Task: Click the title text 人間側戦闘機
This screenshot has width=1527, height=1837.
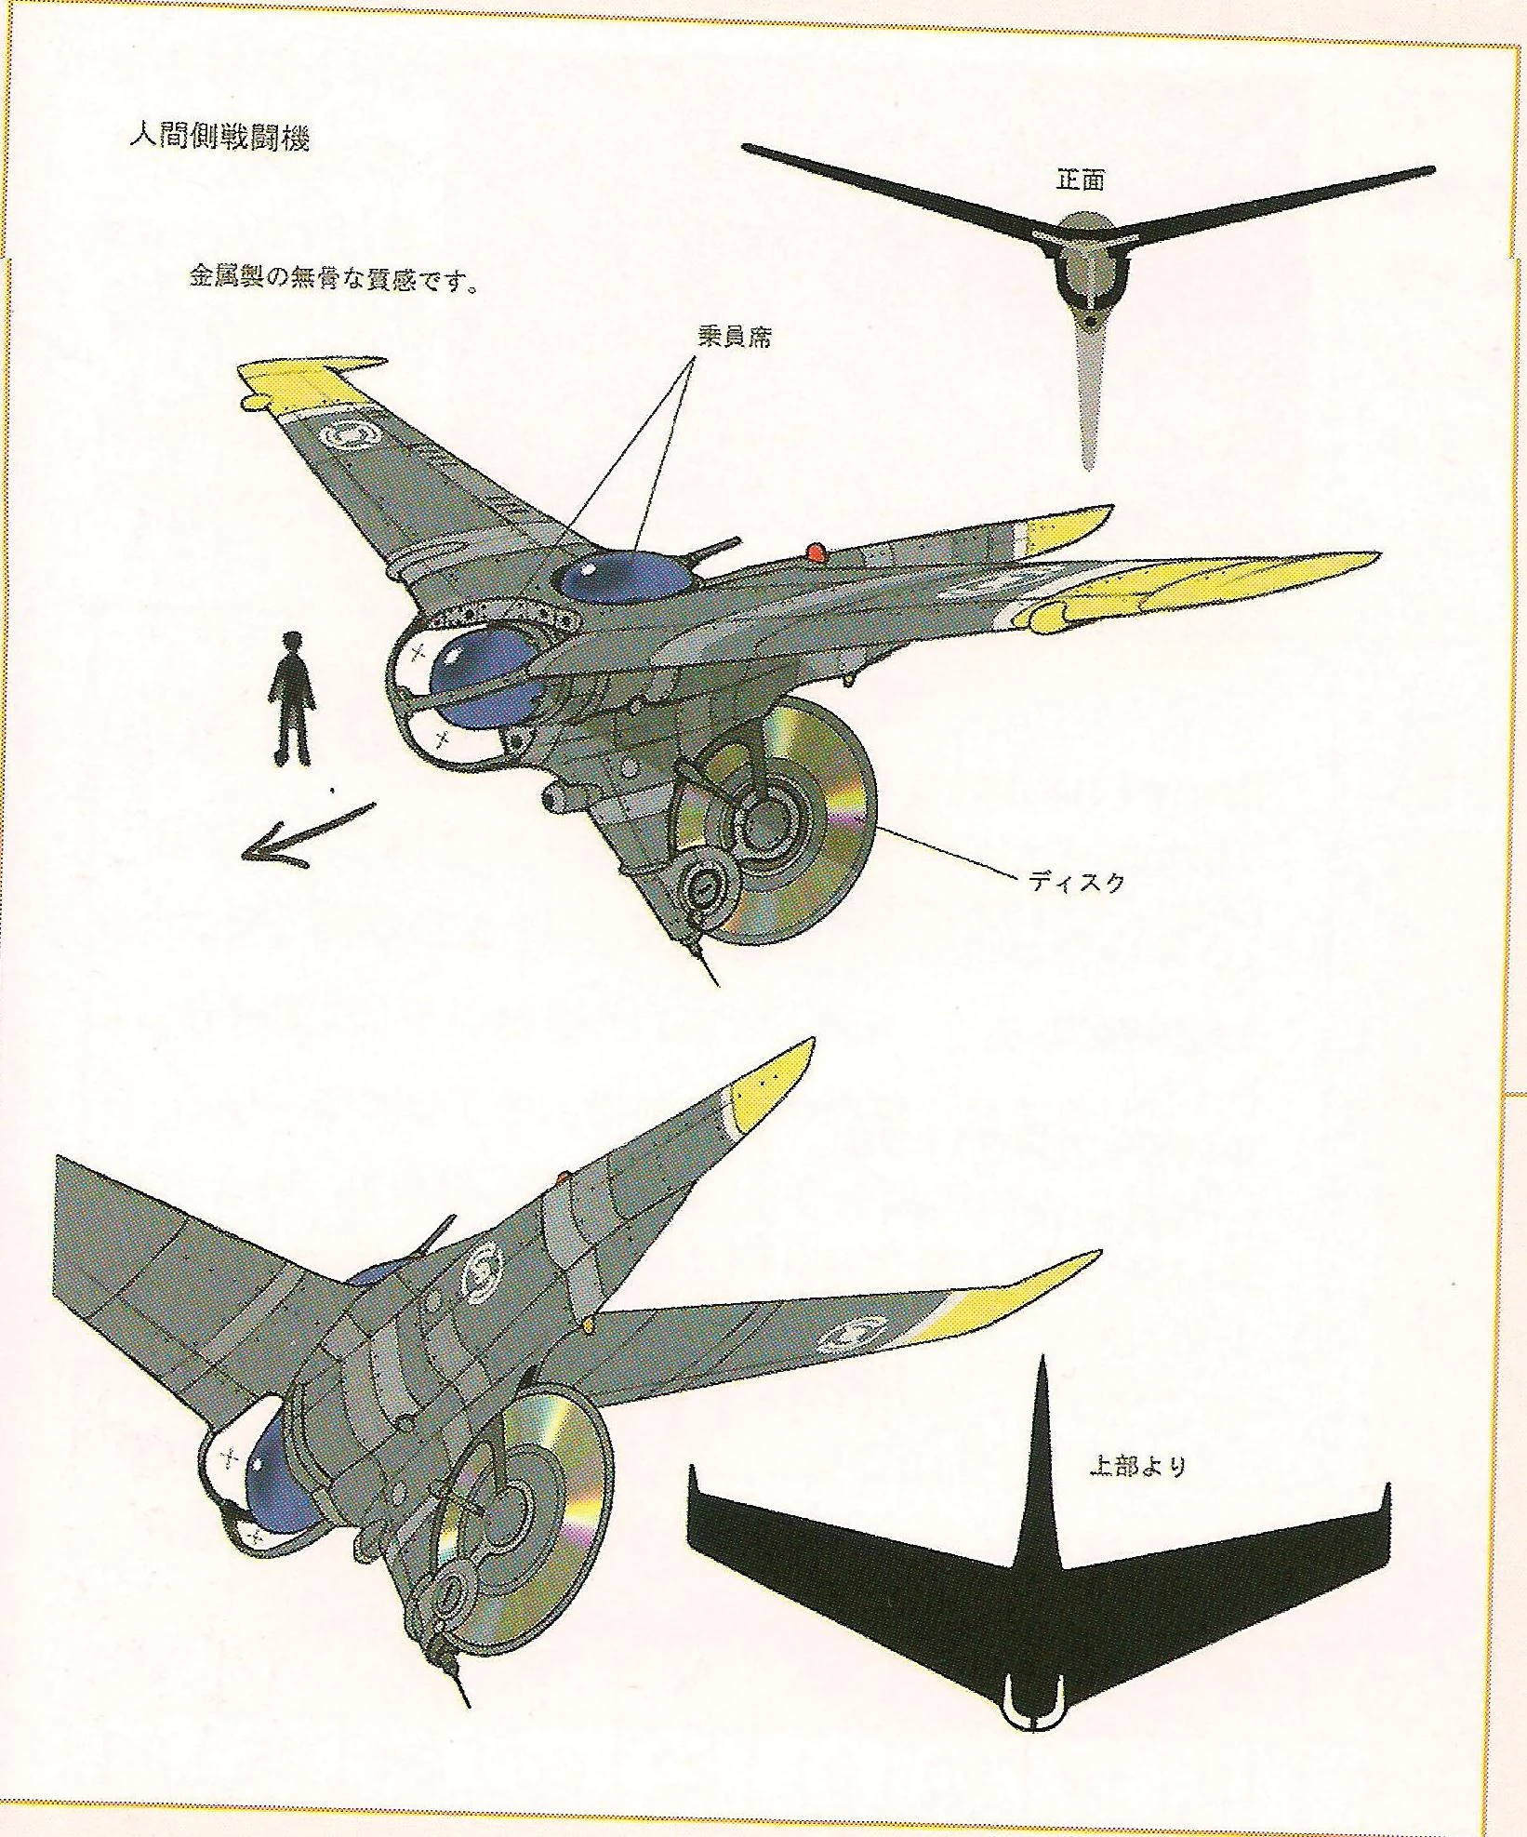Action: pos(219,137)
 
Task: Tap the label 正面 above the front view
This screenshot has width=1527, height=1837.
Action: pos(1081,180)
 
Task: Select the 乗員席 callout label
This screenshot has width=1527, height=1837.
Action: pos(734,337)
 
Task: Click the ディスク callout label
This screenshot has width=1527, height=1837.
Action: pos(1077,881)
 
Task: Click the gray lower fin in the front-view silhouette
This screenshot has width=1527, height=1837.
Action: pos(1086,400)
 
